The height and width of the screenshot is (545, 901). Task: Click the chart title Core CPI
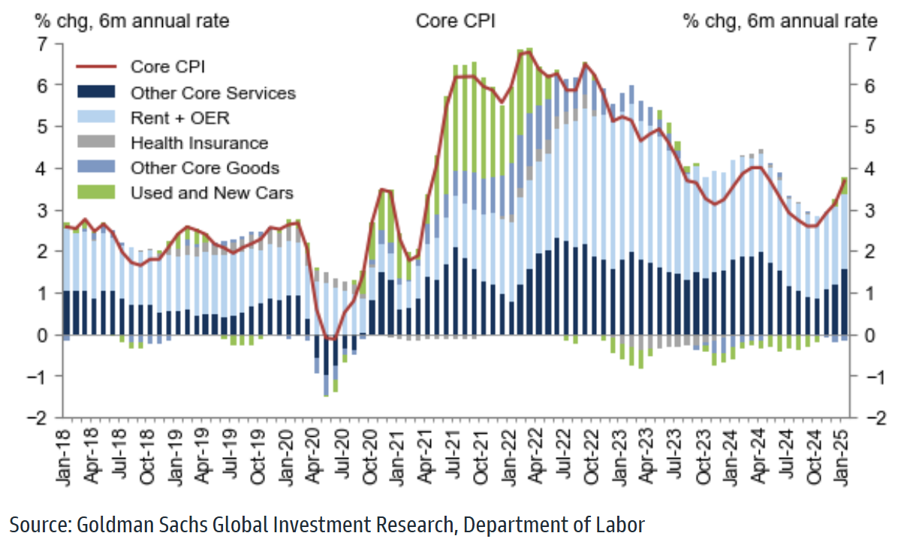click(x=455, y=21)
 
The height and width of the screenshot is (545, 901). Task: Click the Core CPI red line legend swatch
click(x=95, y=66)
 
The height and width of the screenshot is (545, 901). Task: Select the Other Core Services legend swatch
click(x=95, y=92)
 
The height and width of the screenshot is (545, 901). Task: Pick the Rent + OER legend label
click(x=179, y=118)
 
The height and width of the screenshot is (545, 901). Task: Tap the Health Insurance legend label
click(x=199, y=143)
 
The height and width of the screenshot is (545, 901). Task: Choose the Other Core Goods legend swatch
click(x=95, y=167)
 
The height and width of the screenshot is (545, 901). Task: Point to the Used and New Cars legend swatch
click(x=95, y=193)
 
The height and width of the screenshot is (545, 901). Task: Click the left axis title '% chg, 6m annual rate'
click(x=132, y=21)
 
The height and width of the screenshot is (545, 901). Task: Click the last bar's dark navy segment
click(x=844, y=302)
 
